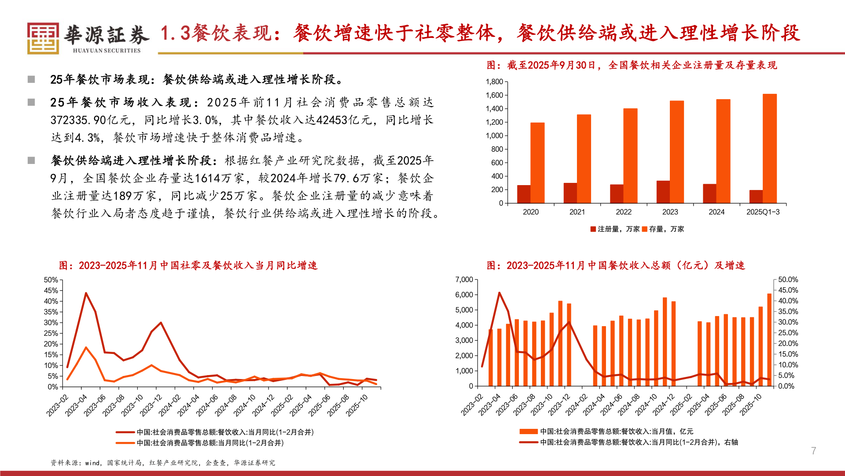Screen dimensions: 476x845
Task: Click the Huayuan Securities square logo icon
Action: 43,38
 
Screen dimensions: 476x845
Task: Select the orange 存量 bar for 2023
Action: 677,152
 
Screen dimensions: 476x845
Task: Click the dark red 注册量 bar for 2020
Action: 524,194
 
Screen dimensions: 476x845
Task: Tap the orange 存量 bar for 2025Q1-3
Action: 769,149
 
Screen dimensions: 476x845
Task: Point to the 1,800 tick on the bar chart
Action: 494,82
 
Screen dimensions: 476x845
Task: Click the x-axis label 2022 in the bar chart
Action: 624,212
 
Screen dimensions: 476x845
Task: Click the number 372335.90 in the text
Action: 83,120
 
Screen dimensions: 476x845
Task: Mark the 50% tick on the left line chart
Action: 51,280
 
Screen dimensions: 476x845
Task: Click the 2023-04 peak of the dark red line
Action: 86,293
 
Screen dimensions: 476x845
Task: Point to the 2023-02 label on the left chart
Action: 58,405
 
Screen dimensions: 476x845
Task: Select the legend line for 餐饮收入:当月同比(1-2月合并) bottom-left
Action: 125,432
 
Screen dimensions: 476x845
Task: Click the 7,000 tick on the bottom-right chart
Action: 464,280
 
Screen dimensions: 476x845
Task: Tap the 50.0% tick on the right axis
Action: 788,280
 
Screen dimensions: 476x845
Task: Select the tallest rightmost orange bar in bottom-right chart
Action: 769,339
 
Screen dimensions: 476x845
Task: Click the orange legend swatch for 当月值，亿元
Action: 528,431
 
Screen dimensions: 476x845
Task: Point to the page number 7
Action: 813,451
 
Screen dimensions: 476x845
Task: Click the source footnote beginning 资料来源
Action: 162,463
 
